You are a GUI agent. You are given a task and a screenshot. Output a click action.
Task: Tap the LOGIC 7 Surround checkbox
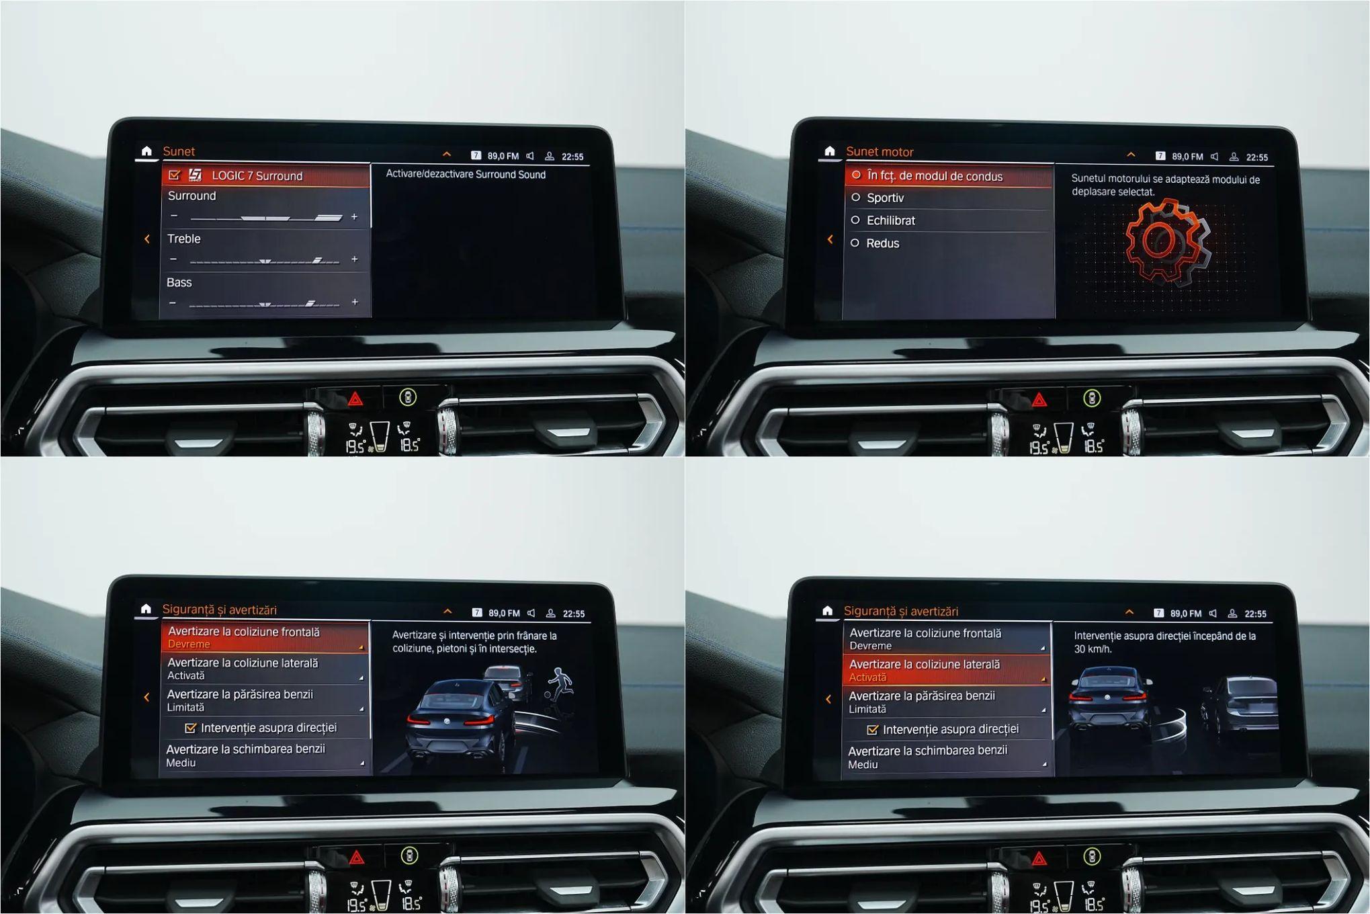tap(175, 175)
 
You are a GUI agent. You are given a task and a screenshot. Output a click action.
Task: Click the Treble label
tap(184, 239)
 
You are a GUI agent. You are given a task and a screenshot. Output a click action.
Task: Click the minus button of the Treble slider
tap(173, 259)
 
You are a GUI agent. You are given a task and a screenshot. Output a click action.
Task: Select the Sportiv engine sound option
tap(885, 198)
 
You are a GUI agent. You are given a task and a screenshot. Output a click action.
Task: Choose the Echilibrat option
tap(891, 220)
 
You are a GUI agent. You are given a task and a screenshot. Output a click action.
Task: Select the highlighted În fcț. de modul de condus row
tap(949, 176)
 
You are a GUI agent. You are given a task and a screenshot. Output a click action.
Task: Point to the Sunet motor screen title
tap(880, 152)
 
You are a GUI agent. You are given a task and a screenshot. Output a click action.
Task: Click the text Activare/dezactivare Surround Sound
tap(466, 175)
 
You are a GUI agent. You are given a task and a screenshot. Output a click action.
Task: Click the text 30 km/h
tap(1093, 649)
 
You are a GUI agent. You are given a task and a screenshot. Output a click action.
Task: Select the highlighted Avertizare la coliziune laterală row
tap(946, 670)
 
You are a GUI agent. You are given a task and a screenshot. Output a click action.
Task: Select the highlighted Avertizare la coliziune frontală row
tap(265, 637)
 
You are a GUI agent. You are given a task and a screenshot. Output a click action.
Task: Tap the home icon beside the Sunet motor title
tap(830, 151)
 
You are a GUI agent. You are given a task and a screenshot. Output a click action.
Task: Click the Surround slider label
tap(191, 196)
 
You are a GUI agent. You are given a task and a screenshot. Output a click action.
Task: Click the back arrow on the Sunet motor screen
tap(830, 239)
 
